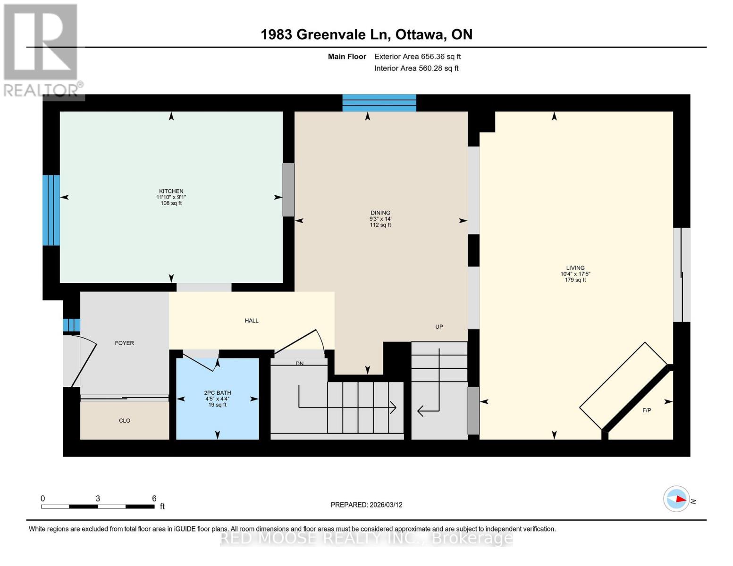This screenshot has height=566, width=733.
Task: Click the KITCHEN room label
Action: pos(171,191)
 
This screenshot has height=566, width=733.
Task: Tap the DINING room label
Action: pos(380,213)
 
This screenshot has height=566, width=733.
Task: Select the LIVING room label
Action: pos(575,268)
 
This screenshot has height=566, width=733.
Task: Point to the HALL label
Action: pos(251,321)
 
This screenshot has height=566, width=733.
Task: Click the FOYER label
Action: pos(124,343)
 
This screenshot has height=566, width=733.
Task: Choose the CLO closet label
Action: pos(124,420)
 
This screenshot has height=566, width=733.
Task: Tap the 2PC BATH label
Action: pos(217,393)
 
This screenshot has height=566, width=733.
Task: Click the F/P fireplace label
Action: pos(646,410)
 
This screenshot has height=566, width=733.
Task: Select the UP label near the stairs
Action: pos(438,326)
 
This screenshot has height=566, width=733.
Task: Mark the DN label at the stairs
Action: pos(299,363)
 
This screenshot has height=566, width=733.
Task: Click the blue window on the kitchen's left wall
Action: pos(51,210)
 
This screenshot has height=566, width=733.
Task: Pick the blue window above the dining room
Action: pos(379,103)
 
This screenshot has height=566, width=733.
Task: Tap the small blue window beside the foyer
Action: pos(71,325)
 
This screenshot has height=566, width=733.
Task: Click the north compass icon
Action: pos(676,499)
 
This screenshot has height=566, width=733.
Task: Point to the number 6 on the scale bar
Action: pos(154,499)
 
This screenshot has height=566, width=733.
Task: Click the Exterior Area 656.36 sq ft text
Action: pos(417,57)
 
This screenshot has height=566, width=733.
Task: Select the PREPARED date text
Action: pos(366,505)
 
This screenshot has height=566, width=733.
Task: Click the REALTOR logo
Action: pos(42,50)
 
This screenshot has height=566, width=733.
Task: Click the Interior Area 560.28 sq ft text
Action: pos(416,68)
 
